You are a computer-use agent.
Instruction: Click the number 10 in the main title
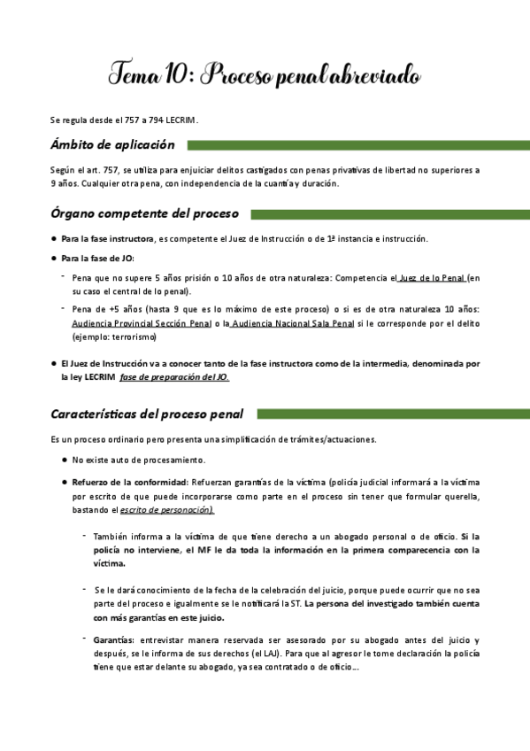point(173,75)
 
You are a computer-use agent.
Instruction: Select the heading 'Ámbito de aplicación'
point(112,144)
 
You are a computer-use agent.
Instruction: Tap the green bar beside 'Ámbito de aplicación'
point(357,145)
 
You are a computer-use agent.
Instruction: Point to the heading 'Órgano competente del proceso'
point(150,213)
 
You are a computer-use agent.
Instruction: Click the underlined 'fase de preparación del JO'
point(174,377)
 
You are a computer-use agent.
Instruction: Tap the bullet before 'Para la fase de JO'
point(54,259)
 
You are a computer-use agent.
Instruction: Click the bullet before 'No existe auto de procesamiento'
point(65,461)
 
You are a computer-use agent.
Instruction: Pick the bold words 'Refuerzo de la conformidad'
point(129,482)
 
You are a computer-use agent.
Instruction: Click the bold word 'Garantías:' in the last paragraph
point(113,639)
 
